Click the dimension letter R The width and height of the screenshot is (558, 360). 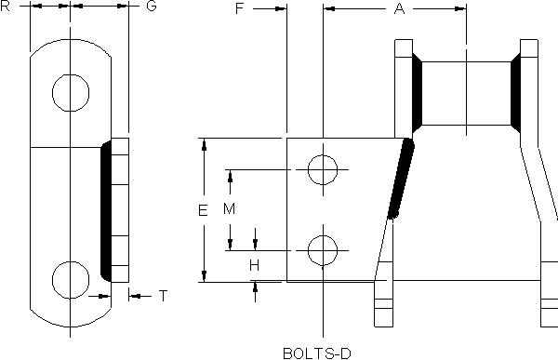point(5,7)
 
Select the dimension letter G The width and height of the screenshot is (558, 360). point(152,7)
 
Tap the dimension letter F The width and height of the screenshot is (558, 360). point(240,8)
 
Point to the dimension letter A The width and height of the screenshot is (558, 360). point(400,8)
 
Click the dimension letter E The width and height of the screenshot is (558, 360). point(203,210)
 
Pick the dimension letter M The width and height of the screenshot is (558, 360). point(230,208)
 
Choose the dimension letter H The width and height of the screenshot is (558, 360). point(254,265)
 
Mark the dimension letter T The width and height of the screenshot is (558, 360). point(163,296)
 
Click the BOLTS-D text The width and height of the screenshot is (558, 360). point(317,353)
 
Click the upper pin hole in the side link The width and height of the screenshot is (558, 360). point(71,74)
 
